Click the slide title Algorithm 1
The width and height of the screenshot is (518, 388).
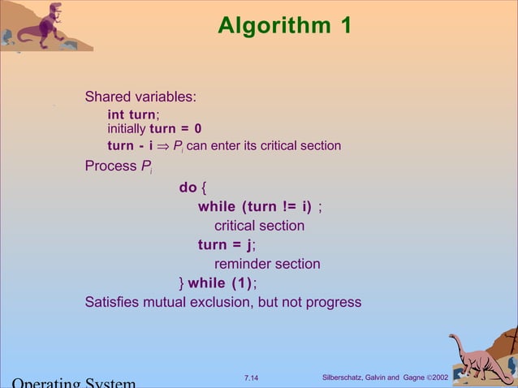tap(284, 26)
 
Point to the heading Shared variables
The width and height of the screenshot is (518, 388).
tap(140, 97)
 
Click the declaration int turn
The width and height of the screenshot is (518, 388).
tap(132, 115)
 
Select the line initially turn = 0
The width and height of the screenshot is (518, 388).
tap(154, 129)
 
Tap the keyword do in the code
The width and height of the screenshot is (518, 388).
tap(188, 188)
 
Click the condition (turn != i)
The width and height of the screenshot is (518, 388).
tap(277, 206)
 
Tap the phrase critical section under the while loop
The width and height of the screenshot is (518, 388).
tap(259, 226)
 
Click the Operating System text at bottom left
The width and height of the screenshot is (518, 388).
tap(73, 382)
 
